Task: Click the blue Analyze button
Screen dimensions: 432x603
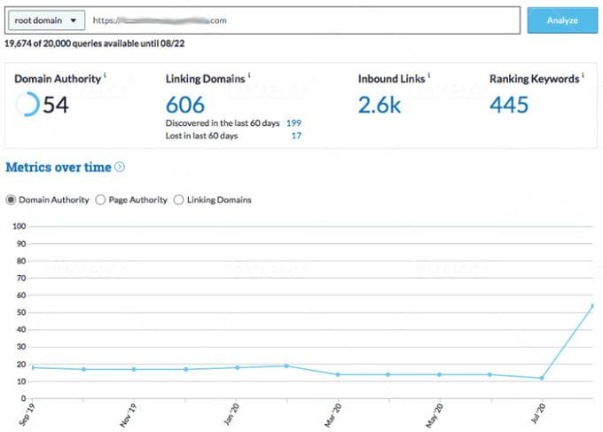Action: pyautogui.click(x=562, y=20)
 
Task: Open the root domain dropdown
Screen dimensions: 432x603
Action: pyautogui.click(x=45, y=20)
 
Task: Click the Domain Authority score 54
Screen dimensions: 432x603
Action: pyautogui.click(x=56, y=106)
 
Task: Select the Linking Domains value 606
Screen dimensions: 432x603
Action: pyautogui.click(x=184, y=105)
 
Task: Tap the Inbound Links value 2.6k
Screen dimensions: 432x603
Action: pyautogui.click(x=380, y=105)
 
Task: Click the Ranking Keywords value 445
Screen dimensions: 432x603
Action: pyautogui.click(x=509, y=105)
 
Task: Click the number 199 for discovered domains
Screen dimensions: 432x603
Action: pyautogui.click(x=294, y=122)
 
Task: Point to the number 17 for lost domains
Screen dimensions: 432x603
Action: pyautogui.click(x=296, y=135)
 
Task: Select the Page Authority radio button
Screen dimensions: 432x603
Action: pyautogui.click(x=100, y=200)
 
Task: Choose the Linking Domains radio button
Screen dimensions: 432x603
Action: pyautogui.click(x=178, y=200)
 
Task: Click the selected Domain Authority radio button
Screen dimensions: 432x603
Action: pyautogui.click(x=11, y=200)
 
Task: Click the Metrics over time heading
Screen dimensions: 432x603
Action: pyautogui.click(x=59, y=167)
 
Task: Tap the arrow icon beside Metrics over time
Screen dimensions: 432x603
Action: pyautogui.click(x=120, y=167)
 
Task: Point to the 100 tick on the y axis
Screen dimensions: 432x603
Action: pyautogui.click(x=16, y=226)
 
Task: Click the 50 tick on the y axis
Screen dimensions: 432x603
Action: pyautogui.click(x=18, y=312)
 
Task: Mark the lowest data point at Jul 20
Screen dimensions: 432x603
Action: pyautogui.click(x=541, y=378)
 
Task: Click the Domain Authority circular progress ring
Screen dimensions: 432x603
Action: pyautogui.click(x=27, y=105)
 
